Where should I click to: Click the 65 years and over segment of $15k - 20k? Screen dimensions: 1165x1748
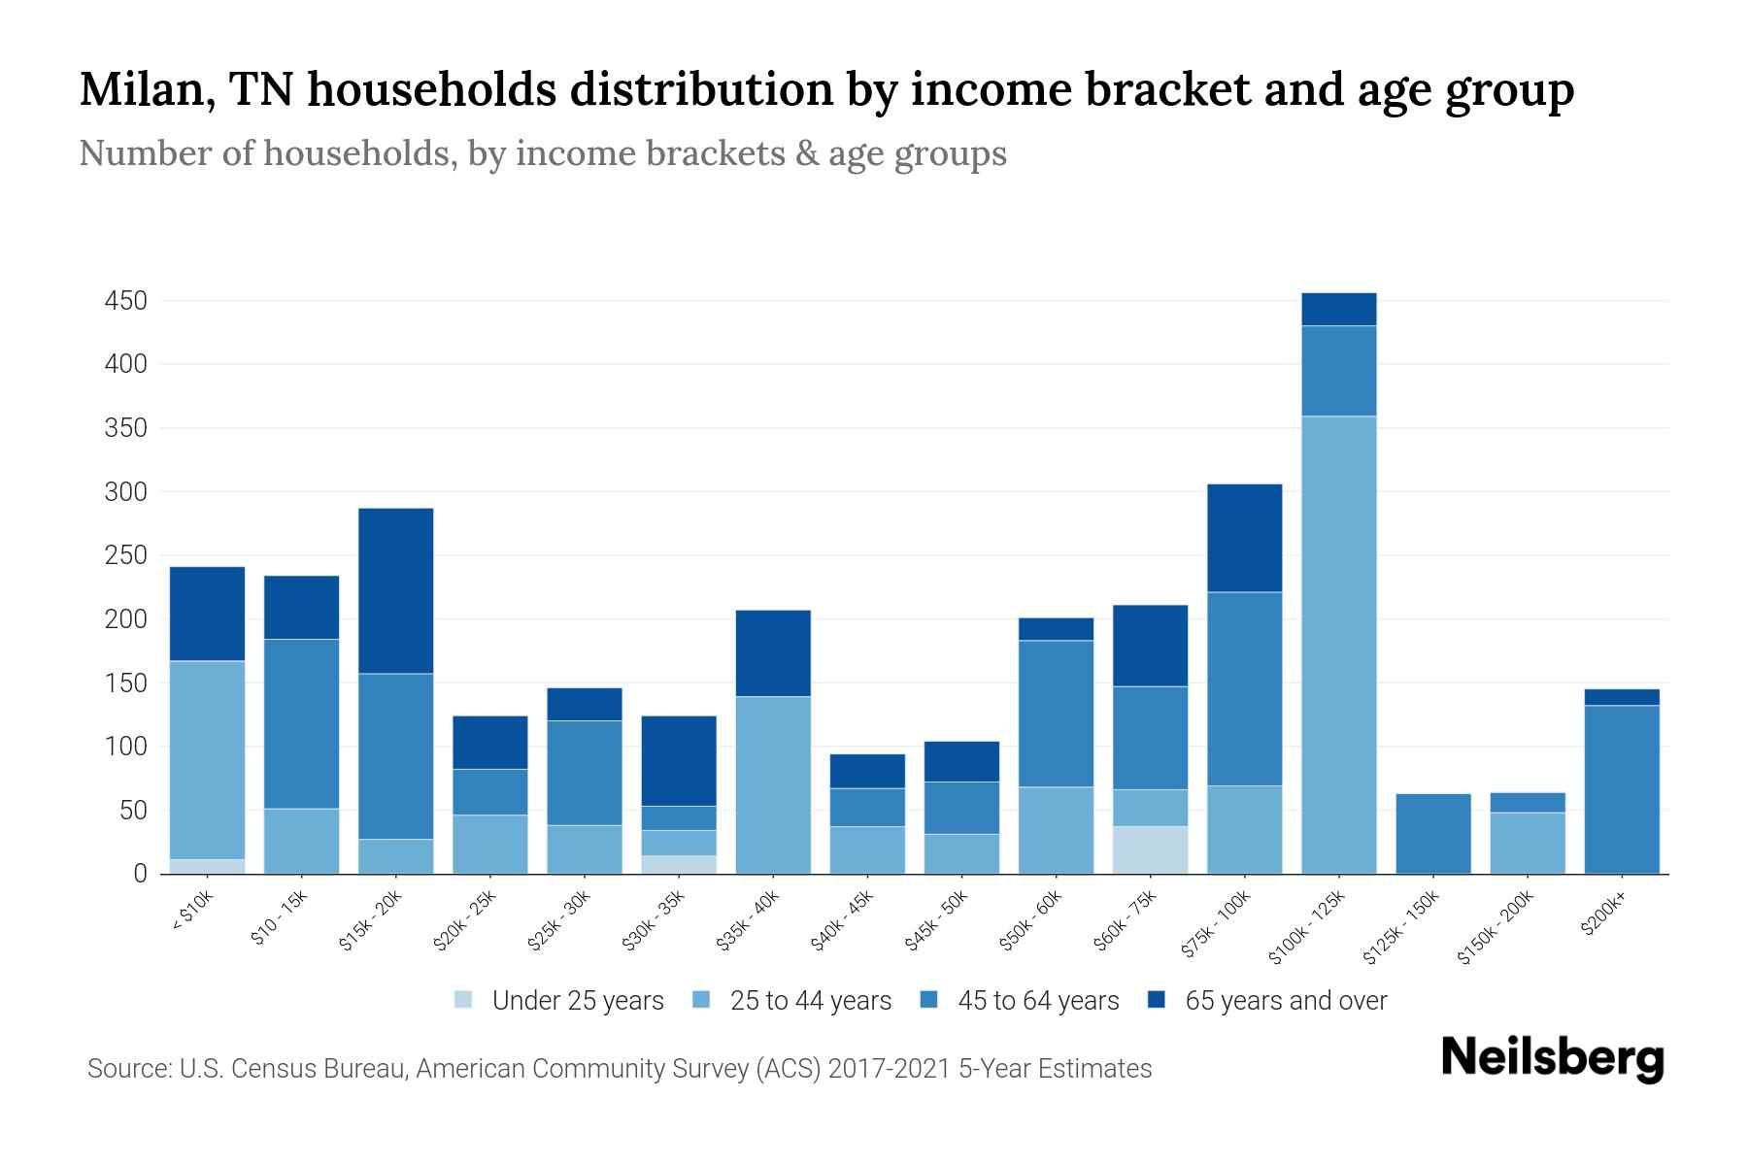(395, 590)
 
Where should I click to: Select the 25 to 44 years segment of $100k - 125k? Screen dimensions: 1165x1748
(1339, 645)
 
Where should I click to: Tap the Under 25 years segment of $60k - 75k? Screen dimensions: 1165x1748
(1150, 849)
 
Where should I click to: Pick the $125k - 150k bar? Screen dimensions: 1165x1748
(1433, 834)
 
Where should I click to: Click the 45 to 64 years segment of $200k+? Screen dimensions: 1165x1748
(1622, 789)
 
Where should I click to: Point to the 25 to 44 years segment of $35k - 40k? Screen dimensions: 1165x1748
(773, 784)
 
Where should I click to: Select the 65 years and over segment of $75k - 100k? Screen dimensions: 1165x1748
(1244, 538)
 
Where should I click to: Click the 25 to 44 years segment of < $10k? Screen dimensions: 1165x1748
(207, 759)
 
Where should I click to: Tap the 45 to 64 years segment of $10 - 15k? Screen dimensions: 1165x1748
(301, 723)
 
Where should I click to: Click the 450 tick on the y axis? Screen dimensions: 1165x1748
(126, 301)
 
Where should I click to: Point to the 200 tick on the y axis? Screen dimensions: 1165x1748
(126, 619)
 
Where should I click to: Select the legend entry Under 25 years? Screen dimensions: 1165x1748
(577, 1001)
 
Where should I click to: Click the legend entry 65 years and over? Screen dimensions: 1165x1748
(1285, 1001)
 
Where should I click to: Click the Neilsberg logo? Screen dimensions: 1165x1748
(1552, 1058)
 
